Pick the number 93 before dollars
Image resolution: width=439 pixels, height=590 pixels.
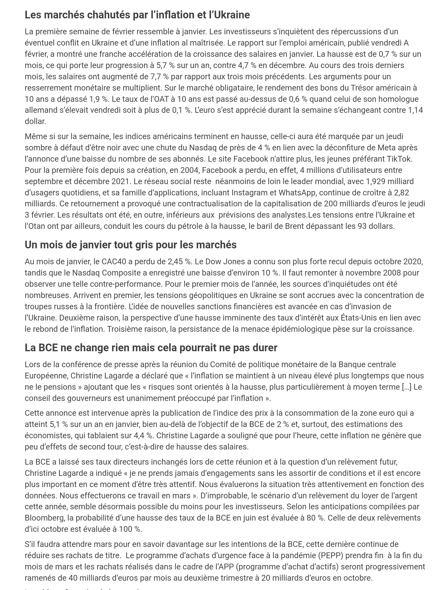point(362,226)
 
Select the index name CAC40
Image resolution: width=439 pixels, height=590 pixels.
point(114,261)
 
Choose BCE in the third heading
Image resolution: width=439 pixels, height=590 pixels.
point(48,348)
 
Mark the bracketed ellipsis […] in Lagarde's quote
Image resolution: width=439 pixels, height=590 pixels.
point(406,387)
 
